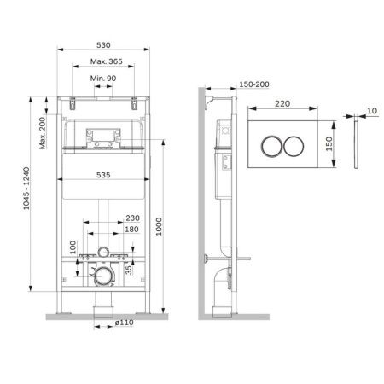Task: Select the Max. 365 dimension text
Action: click(x=103, y=61)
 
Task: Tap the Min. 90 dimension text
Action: click(x=103, y=79)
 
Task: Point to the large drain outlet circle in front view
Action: click(x=103, y=275)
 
